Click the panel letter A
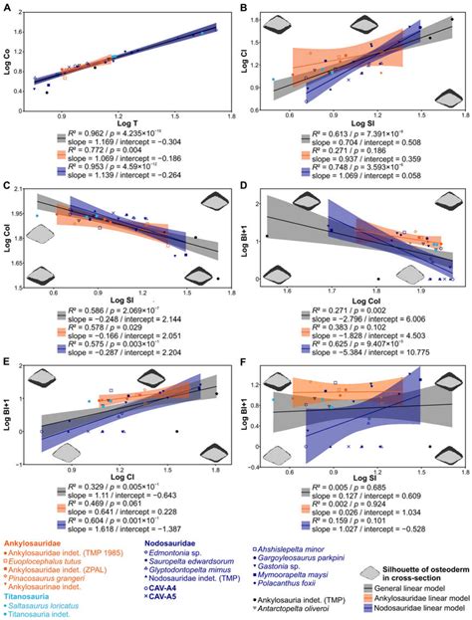(x=8, y=7)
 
